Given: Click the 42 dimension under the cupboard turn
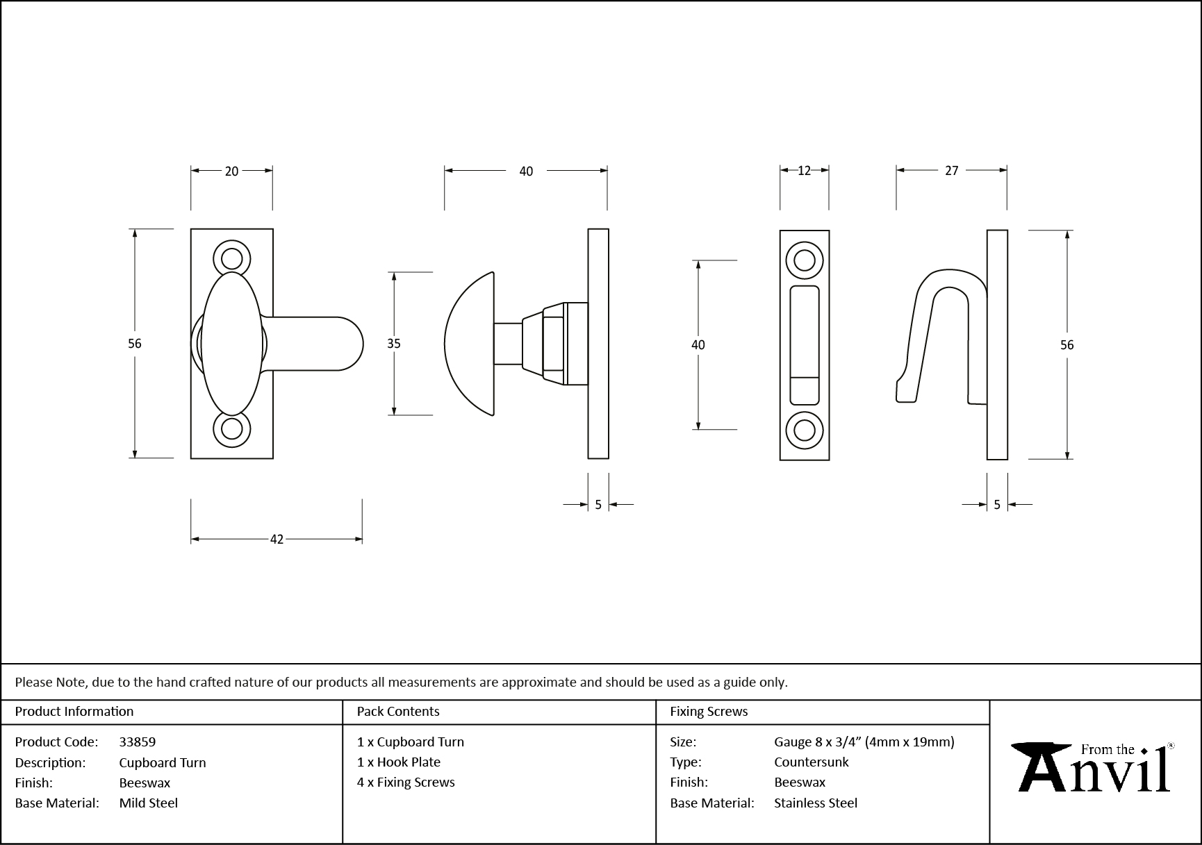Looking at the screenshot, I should [x=277, y=539].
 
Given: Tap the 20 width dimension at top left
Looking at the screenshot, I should [x=231, y=171].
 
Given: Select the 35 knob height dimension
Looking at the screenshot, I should [x=394, y=344].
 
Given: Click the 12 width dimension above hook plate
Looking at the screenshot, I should [x=804, y=171].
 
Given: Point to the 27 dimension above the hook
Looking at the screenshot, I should [x=951, y=171].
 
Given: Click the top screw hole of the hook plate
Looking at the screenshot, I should [x=804, y=261].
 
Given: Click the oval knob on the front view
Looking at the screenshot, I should [x=233, y=344].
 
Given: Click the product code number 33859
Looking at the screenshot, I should [x=138, y=742].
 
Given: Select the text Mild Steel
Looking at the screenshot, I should [x=149, y=803].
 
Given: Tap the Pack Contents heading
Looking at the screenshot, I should [x=398, y=711].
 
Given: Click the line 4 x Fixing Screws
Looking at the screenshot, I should [x=406, y=782].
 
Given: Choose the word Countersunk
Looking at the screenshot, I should [x=812, y=762].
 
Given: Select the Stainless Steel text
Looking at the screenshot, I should [x=816, y=803].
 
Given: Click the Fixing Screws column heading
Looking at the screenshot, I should [x=709, y=711].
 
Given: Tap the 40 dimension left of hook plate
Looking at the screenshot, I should [x=698, y=345].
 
